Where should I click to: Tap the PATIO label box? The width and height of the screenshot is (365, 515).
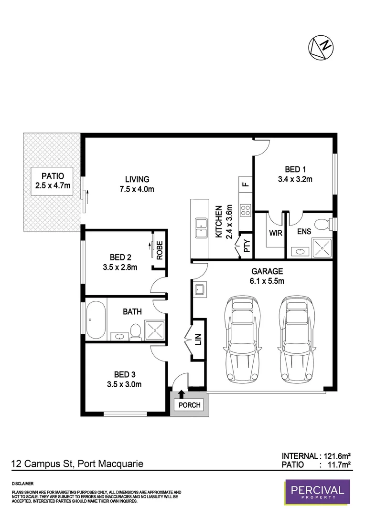pyautogui.click(x=53, y=181)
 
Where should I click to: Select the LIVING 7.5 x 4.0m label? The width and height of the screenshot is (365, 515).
pyautogui.click(x=137, y=184)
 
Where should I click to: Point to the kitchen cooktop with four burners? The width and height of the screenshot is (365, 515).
pyautogui.click(x=246, y=210)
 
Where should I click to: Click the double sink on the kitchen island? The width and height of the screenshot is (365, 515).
pyautogui.click(x=201, y=227)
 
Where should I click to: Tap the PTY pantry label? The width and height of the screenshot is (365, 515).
pyautogui.click(x=247, y=246)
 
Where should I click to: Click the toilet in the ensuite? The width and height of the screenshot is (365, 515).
pyautogui.click(x=325, y=223)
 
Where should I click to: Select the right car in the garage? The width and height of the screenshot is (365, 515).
pyautogui.click(x=299, y=338)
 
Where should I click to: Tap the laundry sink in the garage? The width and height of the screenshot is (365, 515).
pyautogui.click(x=200, y=289)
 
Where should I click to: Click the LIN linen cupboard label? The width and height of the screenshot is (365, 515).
pyautogui.click(x=198, y=340)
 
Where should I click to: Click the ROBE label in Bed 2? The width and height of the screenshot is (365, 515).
pyautogui.click(x=160, y=250)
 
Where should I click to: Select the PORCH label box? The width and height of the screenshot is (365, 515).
pyautogui.click(x=190, y=405)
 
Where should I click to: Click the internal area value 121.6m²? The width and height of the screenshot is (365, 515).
pyautogui.click(x=336, y=455)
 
